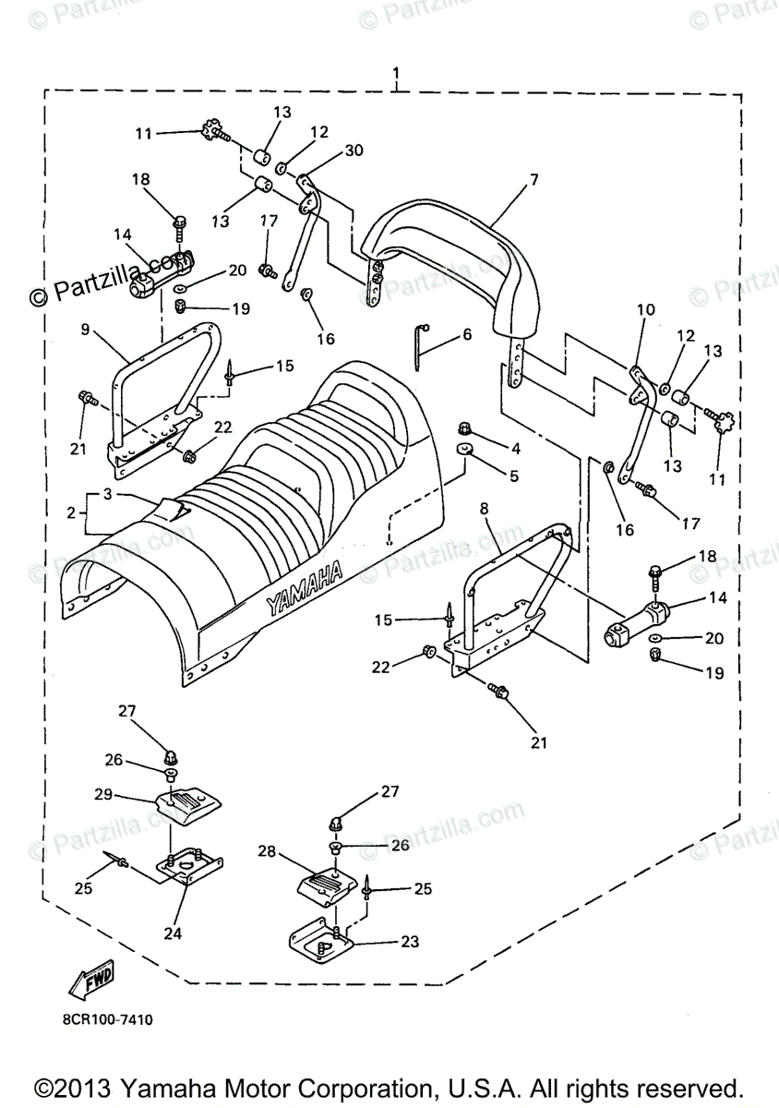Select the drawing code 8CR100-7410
(x=108, y=1020)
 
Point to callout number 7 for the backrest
(x=533, y=180)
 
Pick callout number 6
(x=467, y=334)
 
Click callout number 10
(x=645, y=309)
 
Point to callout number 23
(x=409, y=942)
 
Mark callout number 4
(x=515, y=450)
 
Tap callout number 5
(x=513, y=476)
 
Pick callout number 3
(x=107, y=495)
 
